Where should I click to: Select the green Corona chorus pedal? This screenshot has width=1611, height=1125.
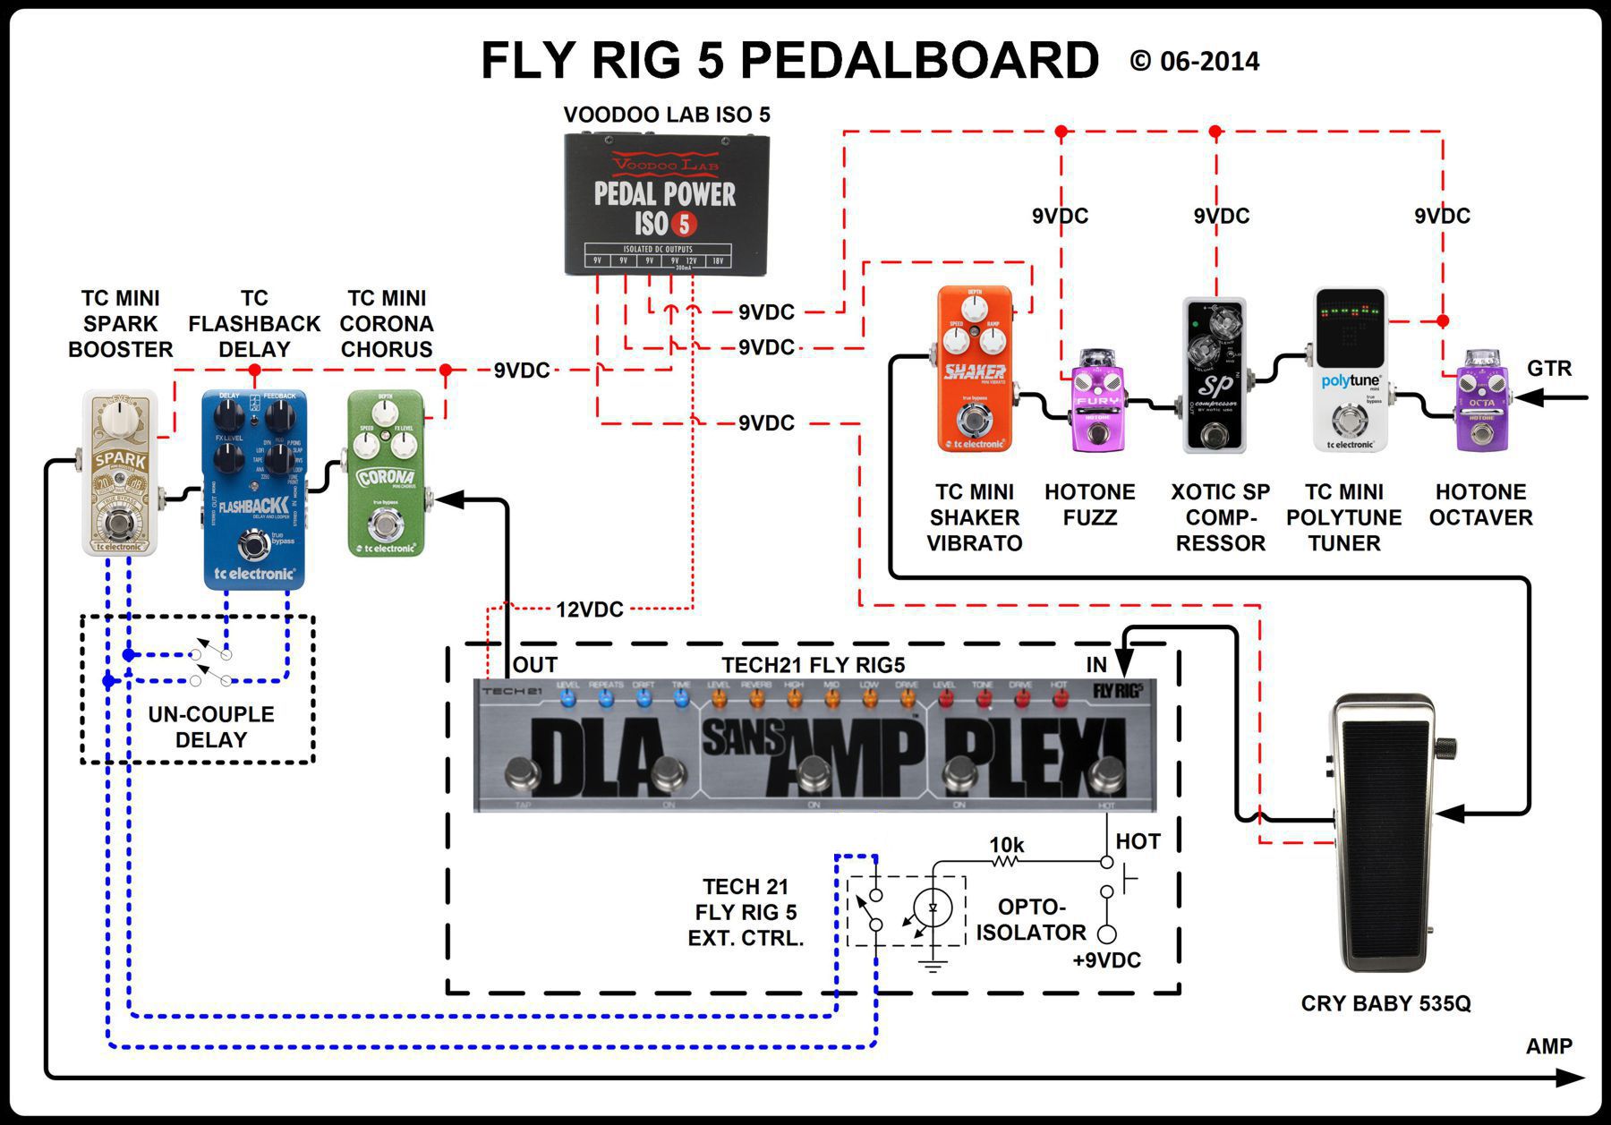pos(386,473)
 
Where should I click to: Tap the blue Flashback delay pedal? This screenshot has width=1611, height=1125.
pos(254,489)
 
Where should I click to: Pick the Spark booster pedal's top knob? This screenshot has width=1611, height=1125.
pos(120,417)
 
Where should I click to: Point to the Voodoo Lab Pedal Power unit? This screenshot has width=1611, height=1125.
pos(667,204)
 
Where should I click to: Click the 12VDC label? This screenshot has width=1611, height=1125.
pos(589,610)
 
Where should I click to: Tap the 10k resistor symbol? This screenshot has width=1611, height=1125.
pos(1006,862)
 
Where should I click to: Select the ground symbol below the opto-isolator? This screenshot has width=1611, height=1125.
pos(933,965)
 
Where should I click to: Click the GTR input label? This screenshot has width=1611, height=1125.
pos(1548,368)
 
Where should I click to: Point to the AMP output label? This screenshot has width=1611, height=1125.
pos(1548,1046)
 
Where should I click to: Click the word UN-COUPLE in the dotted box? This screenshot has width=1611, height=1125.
pos(211,714)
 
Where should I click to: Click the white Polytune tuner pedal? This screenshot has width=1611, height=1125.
pos(1350,369)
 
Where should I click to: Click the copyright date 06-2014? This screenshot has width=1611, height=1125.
pos(1208,62)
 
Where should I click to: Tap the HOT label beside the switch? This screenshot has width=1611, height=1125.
pos(1138,841)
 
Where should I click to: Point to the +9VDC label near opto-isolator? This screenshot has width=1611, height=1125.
pos(1106,961)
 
